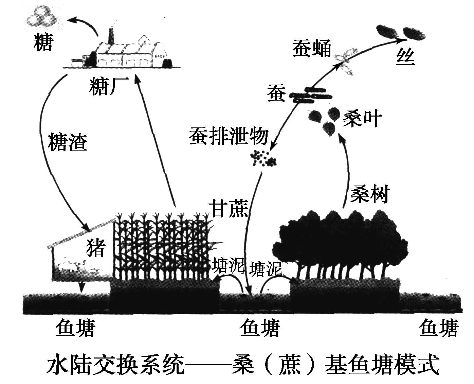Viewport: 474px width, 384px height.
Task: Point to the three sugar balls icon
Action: [42, 17]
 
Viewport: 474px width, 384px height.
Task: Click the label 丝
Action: [405, 57]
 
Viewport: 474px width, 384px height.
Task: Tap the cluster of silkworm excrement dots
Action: [263, 159]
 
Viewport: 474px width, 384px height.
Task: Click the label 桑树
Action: [370, 194]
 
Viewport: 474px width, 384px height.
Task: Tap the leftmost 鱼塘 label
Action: [75, 329]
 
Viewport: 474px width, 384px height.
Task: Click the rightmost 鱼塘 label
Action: [438, 329]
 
